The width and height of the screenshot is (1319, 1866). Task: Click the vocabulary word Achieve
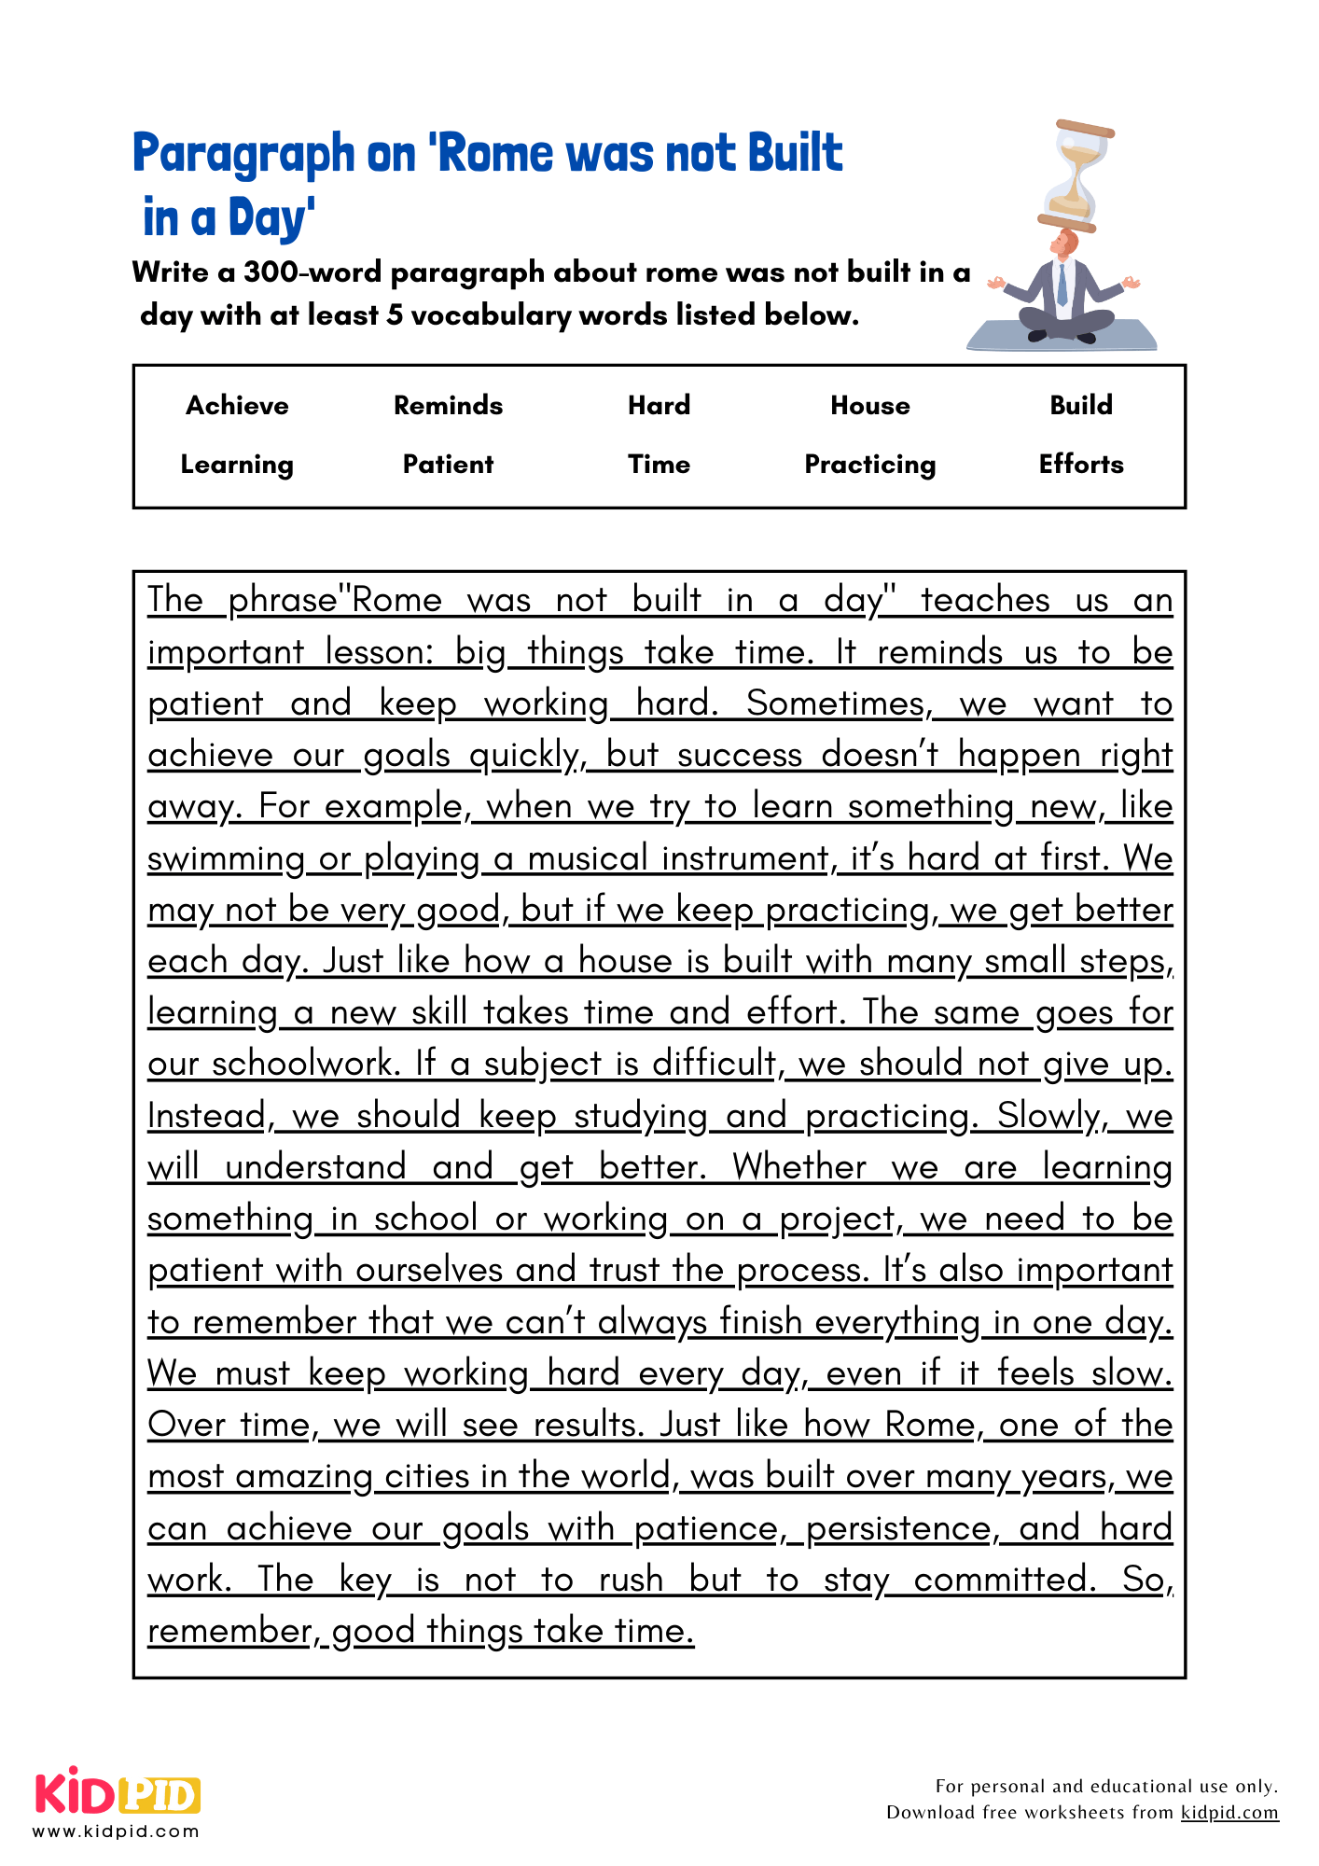[237, 405]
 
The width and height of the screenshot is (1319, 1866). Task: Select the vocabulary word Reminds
[448, 405]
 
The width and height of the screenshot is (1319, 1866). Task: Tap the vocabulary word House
[869, 405]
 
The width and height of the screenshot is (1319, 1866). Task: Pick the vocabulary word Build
[1081, 405]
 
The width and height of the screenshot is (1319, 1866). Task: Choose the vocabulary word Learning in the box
[237, 465]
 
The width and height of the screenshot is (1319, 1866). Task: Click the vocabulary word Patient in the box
[448, 465]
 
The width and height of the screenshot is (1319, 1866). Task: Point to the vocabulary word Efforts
[1081, 465]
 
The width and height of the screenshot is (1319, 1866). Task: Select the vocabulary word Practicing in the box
[869, 465]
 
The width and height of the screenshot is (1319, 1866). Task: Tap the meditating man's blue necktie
[1062, 285]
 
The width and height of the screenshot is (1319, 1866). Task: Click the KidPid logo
[118, 1794]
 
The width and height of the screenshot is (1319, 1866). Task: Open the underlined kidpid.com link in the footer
[1229, 1813]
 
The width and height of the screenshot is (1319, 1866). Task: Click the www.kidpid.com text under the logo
[117, 1831]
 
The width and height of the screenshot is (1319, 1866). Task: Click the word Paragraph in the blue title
[244, 154]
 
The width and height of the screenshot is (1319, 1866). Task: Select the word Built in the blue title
[794, 154]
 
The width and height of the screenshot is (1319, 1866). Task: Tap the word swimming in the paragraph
[226, 858]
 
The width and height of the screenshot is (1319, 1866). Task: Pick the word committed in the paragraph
[1005, 1579]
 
